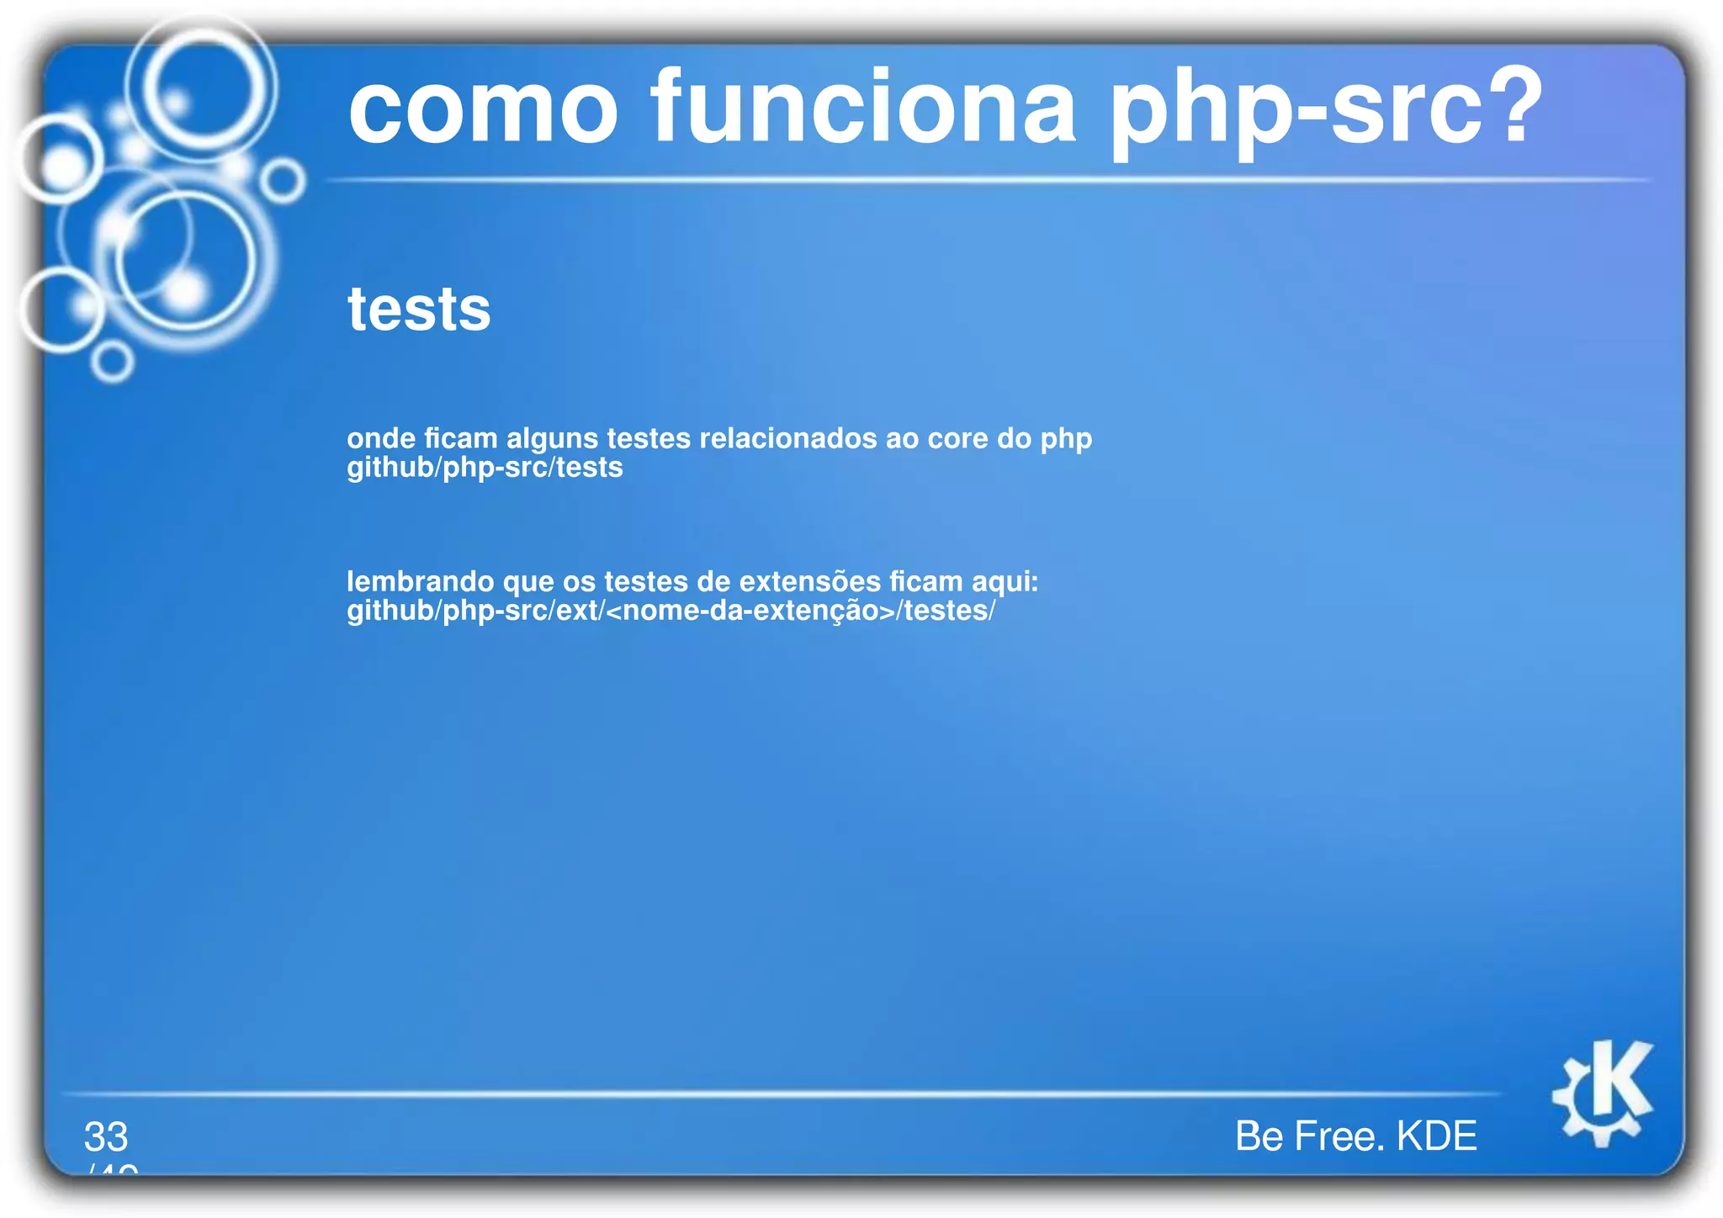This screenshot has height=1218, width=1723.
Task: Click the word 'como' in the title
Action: pos(483,109)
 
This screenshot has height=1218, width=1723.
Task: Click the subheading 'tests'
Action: pos(419,310)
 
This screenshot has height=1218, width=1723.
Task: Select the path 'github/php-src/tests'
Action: pos(485,468)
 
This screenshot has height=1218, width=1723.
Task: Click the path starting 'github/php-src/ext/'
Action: pos(671,611)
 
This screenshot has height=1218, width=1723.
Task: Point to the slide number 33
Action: pos(106,1136)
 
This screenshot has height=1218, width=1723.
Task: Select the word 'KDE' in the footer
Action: pos(1436,1136)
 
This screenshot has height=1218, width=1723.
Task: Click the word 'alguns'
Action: pos(552,439)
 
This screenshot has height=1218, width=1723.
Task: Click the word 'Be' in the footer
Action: pos(1259,1136)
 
